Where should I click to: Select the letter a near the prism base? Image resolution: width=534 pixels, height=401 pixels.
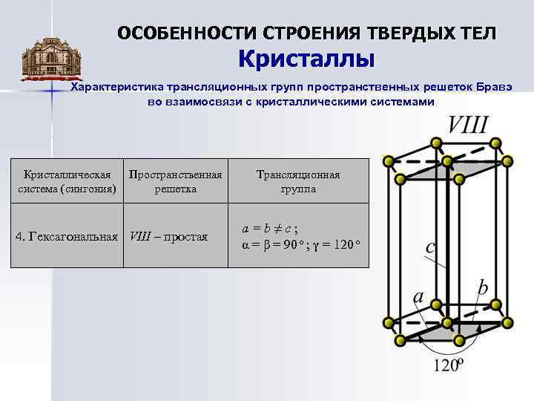(418, 298)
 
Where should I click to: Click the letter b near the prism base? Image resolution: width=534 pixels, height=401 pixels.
(484, 287)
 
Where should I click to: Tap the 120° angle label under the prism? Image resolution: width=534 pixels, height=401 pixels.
(449, 365)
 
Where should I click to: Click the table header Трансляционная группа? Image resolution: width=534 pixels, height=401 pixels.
(298, 182)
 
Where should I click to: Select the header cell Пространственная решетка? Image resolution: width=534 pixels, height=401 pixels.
(175, 182)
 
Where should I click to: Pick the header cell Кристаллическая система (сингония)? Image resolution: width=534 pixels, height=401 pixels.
(67, 182)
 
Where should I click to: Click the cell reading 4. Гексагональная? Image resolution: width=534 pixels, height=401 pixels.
(67, 237)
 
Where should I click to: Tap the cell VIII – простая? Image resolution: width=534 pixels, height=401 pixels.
(168, 237)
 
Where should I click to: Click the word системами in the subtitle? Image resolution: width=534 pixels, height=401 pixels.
(403, 101)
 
